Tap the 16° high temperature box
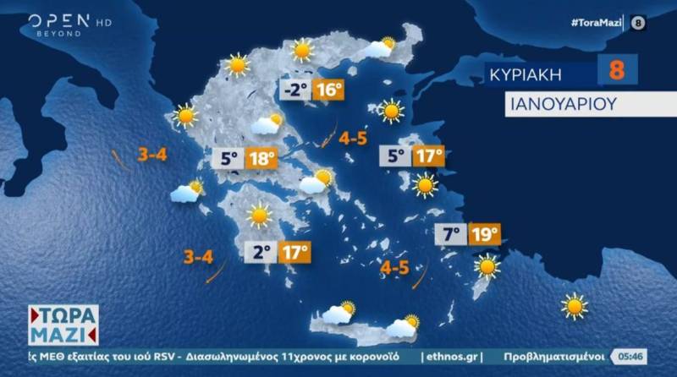(328, 89)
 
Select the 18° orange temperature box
(261, 158)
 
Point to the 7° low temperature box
(450, 234)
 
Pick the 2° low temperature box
(262, 251)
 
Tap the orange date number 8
(617, 70)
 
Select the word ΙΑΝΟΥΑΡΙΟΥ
(560, 105)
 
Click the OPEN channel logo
(59, 22)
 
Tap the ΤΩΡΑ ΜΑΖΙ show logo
(63, 324)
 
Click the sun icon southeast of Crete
(575, 306)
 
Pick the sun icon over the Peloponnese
(258, 216)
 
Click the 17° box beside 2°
(294, 251)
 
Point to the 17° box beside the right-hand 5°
(428, 156)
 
